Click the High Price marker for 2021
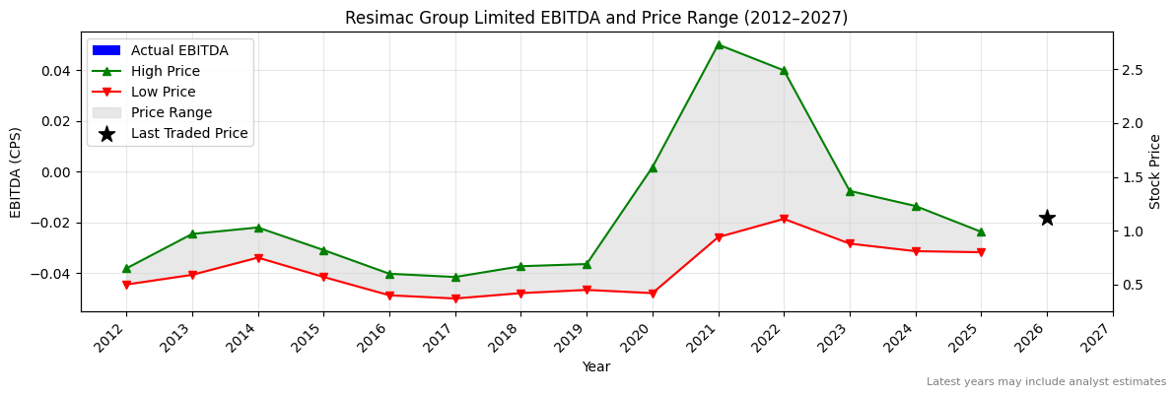(719, 44)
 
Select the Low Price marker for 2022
(784, 219)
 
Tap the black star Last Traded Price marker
(1047, 218)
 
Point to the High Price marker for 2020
(653, 167)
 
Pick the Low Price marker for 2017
(455, 298)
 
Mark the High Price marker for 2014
(258, 228)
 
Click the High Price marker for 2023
(850, 191)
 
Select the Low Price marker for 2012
(126, 285)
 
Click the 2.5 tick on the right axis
(1131, 70)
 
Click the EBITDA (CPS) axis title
(16, 171)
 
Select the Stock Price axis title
(1155, 171)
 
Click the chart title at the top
(596, 18)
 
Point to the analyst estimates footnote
(1046, 382)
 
